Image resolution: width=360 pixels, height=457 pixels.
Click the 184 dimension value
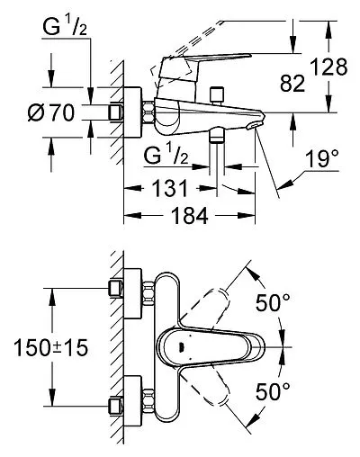pyautogui.click(x=189, y=215)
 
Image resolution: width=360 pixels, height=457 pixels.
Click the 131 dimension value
pyautogui.click(x=170, y=188)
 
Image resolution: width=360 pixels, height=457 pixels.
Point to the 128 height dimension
pyautogui.click(x=328, y=67)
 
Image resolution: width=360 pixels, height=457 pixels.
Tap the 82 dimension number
pyautogui.click(x=292, y=83)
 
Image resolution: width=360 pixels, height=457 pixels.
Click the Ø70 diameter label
pyautogui.click(x=51, y=113)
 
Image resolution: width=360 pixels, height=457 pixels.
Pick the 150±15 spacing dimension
pyautogui.click(x=51, y=347)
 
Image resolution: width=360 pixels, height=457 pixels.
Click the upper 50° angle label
pyautogui.click(x=273, y=302)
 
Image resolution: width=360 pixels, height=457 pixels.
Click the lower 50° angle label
pyautogui.click(x=273, y=391)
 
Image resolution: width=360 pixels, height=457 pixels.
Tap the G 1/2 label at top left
pyautogui.click(x=65, y=27)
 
